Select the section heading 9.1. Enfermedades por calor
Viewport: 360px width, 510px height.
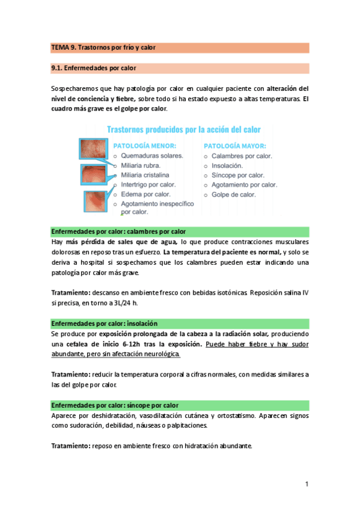[94, 69]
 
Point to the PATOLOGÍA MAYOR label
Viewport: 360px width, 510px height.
[234, 146]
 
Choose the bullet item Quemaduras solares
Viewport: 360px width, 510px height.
[152, 156]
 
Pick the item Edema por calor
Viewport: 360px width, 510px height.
[145, 194]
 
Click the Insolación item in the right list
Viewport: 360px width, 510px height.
[227, 165]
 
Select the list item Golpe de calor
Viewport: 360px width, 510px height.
[234, 195]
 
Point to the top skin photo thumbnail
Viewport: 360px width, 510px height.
[91, 150]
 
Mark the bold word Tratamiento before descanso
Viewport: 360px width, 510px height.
[71, 292]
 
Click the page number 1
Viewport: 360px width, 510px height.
[307, 484]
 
